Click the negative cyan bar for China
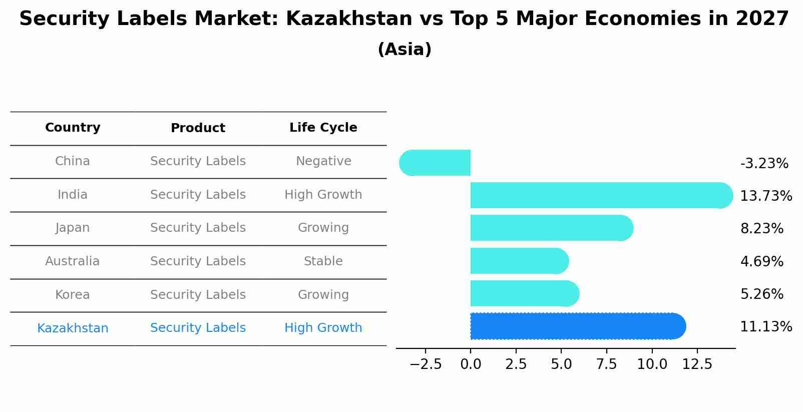coord(435,163)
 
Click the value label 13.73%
coord(765,196)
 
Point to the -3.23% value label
coord(764,163)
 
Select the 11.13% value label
coord(765,327)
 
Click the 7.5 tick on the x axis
coord(606,364)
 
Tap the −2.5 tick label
coord(426,364)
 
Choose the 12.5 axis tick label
coord(697,364)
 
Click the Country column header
coord(73,128)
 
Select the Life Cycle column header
coord(323,128)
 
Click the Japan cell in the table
coord(73,228)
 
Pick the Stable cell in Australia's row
coord(323,261)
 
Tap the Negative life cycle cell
coord(323,161)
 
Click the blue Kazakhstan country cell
coord(73,328)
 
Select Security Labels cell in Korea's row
coord(198,295)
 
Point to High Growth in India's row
coord(323,195)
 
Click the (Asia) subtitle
coord(404,50)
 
